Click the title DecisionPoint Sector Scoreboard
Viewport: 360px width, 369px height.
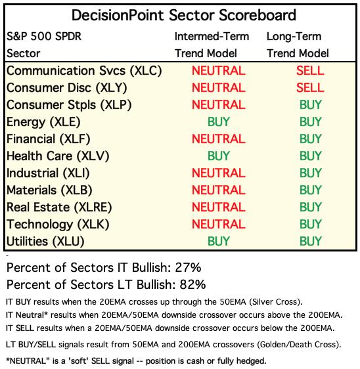pyautogui.click(x=184, y=15)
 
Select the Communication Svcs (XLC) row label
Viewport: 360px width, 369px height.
pyautogui.click(x=84, y=71)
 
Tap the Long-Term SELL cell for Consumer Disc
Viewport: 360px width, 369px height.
pyautogui.click(x=310, y=87)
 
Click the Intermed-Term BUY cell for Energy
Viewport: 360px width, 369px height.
pyautogui.click(x=219, y=121)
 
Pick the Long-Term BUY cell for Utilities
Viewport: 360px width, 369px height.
pyautogui.click(x=311, y=241)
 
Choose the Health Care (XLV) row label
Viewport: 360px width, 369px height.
pyautogui.click(x=58, y=156)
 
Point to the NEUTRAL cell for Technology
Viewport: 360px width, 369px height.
pyautogui.click(x=219, y=224)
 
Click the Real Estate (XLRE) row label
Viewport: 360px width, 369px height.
pyautogui.click(x=59, y=207)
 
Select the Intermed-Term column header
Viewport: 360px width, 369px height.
pyautogui.click(x=212, y=37)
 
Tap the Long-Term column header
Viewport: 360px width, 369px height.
pyautogui.click(x=294, y=37)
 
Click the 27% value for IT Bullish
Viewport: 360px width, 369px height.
pyautogui.click(x=188, y=268)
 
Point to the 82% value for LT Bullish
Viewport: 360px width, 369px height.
pyautogui.click(x=193, y=284)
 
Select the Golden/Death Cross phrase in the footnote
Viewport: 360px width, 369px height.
pyautogui.click(x=298, y=345)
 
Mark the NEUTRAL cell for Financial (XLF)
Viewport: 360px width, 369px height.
pyautogui.click(x=219, y=139)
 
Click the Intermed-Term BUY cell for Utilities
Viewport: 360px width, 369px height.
pyautogui.click(x=219, y=241)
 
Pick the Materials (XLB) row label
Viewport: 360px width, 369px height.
pyautogui.click(x=49, y=190)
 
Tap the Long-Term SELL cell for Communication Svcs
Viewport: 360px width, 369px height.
pyautogui.click(x=310, y=71)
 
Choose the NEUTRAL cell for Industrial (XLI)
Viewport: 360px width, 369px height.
pyautogui.click(x=219, y=173)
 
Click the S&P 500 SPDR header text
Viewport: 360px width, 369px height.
pyautogui.click(x=44, y=37)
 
